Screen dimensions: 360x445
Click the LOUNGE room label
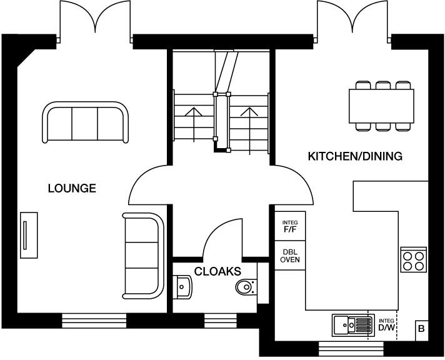pyautogui.click(x=72, y=187)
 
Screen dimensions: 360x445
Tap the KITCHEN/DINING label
pyautogui.click(x=354, y=156)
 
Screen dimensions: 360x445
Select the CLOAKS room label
pyautogui.click(x=217, y=271)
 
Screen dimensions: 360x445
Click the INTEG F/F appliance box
pyautogui.click(x=289, y=226)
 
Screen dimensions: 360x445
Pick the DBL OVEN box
pyautogui.click(x=289, y=256)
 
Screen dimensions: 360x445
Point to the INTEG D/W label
pyautogui.click(x=387, y=324)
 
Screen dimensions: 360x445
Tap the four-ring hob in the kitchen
pyautogui.click(x=413, y=259)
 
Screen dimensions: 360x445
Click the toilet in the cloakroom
pyautogui.click(x=245, y=287)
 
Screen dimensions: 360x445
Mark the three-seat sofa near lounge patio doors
pyautogui.click(x=86, y=122)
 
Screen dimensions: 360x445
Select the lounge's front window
pyautogui.click(x=94, y=321)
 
